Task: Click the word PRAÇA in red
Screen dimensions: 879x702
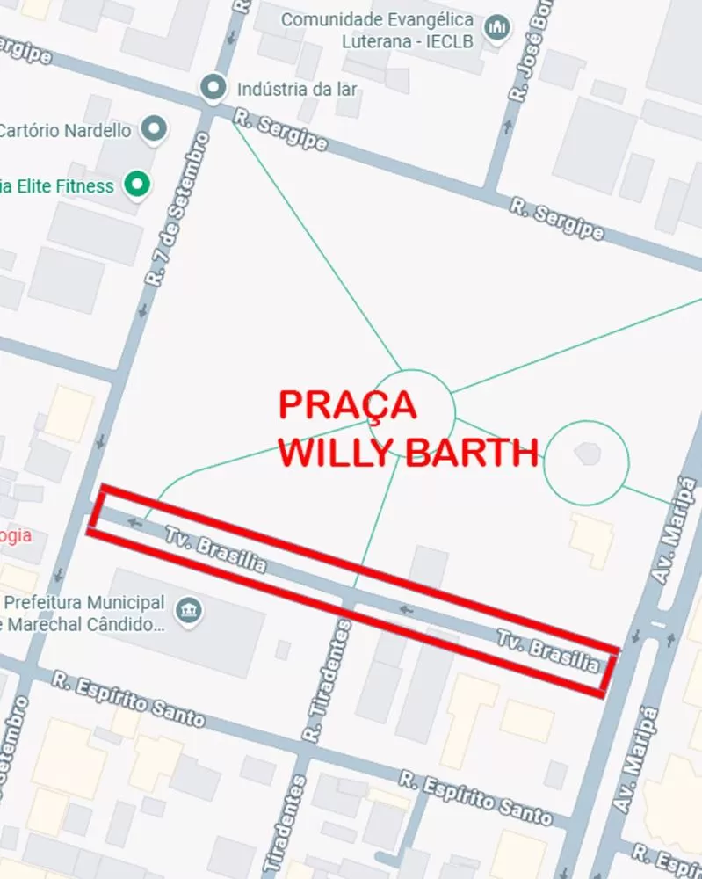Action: [x=348, y=405]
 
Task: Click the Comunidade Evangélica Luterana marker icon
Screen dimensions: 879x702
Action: [x=497, y=29]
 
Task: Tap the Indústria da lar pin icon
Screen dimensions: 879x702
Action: [x=213, y=88]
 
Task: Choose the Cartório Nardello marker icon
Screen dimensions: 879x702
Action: [x=156, y=130]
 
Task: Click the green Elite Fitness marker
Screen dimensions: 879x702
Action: [x=136, y=185]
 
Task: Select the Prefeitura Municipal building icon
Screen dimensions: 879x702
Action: [x=188, y=611]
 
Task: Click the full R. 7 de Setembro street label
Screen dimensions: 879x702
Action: [x=179, y=210]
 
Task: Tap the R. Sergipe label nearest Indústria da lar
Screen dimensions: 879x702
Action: [x=281, y=131]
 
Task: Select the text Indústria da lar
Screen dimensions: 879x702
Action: [x=298, y=89]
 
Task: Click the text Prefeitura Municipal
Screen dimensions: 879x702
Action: [x=84, y=603]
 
